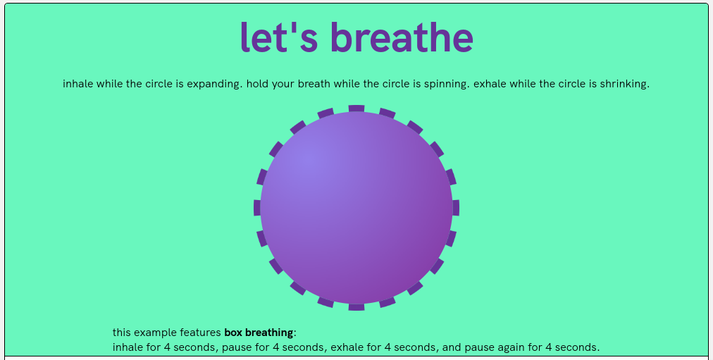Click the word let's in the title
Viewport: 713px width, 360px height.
tap(279, 37)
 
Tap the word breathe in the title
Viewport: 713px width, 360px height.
tap(402, 37)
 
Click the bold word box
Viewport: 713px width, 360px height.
tap(233, 333)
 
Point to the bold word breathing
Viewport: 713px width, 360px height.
tap(269, 333)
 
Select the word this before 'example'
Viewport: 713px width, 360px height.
tap(121, 333)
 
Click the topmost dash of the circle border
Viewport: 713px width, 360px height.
tap(356, 108)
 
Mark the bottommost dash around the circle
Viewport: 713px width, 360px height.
tap(356, 307)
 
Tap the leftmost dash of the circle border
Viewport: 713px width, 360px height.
tap(257, 208)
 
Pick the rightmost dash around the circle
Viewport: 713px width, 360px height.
tap(456, 208)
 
